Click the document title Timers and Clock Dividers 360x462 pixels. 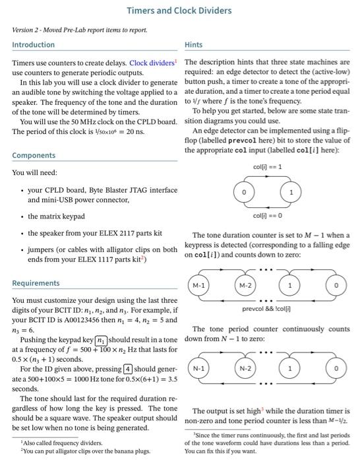pyautogui.click(x=179, y=10)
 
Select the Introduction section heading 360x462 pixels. pyautogui.click(x=34, y=45)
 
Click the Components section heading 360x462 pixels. pyautogui.click(x=33, y=156)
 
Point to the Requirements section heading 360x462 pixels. pyautogui.click(x=36, y=283)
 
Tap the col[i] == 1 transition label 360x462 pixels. pyautogui.click(x=267, y=166)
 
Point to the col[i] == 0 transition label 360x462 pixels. pyautogui.click(x=267, y=214)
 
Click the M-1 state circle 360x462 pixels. pyautogui.click(x=198, y=284)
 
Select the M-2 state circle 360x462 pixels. pyautogui.click(x=244, y=284)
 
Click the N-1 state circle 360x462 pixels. pyautogui.click(x=198, y=367)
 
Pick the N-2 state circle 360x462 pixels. pyautogui.click(x=244, y=367)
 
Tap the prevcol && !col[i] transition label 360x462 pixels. pyautogui.click(x=267, y=308)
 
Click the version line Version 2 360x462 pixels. pyautogui.click(x=80, y=30)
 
